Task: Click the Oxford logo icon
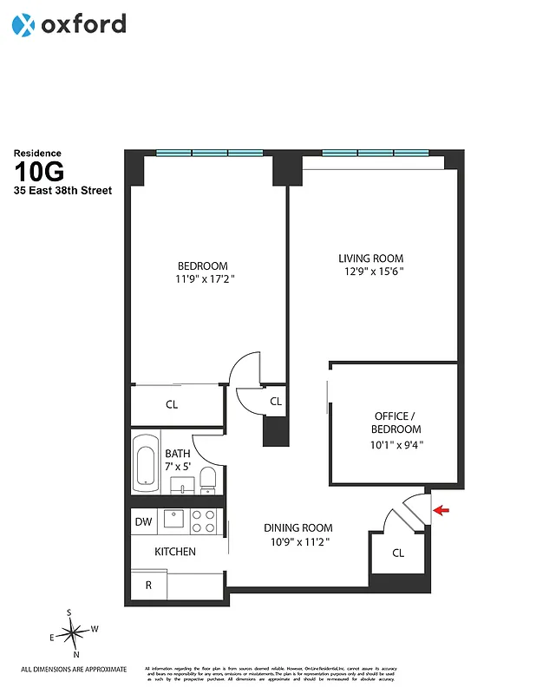click(x=23, y=25)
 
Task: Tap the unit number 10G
click(x=41, y=172)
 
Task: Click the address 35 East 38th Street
click(x=62, y=191)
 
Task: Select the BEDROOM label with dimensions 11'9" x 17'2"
click(x=202, y=272)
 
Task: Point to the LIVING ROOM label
click(x=370, y=265)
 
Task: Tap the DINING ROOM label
click(x=297, y=534)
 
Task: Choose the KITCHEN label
click(x=175, y=552)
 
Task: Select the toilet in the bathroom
click(x=207, y=478)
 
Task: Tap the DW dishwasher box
click(x=143, y=521)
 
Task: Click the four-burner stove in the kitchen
click(x=204, y=520)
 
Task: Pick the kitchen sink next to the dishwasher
click(x=174, y=520)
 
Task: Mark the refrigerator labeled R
click(x=148, y=586)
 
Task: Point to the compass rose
click(x=73, y=633)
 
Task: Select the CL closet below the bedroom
click(x=172, y=404)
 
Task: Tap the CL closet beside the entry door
click(x=397, y=553)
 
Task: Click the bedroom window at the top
click(x=209, y=154)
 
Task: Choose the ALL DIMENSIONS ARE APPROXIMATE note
click(x=74, y=669)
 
